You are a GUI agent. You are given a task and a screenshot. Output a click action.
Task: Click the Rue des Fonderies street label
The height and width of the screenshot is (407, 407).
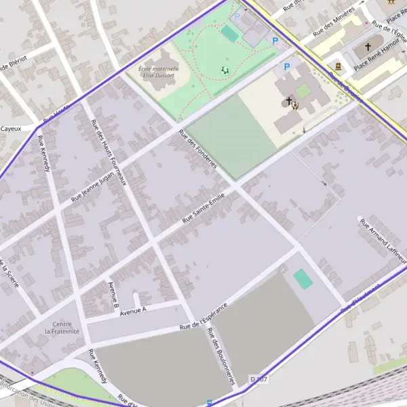198,149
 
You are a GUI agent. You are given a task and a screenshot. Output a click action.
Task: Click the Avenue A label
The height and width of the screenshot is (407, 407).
133,311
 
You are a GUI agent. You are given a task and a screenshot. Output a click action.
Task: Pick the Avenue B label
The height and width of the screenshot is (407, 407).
113,291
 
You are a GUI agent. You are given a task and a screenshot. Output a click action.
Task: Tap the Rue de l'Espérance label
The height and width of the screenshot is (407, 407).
203,316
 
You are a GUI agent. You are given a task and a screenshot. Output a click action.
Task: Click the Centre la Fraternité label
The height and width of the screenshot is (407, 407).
62,328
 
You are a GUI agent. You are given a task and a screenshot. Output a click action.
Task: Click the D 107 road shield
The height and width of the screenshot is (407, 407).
258,379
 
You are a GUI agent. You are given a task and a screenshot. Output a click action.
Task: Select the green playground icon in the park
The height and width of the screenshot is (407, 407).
225,70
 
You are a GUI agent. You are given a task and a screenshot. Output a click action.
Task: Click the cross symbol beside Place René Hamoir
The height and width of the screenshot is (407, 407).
368,47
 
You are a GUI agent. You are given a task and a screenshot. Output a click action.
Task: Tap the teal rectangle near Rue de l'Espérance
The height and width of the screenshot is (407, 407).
303,278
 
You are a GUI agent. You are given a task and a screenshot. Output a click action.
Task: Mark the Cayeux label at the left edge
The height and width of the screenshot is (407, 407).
10,128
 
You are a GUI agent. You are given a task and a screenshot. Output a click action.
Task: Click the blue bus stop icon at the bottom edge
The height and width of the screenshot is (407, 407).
209,402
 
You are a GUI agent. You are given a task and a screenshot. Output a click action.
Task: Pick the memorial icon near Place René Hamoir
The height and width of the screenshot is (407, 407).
338,66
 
